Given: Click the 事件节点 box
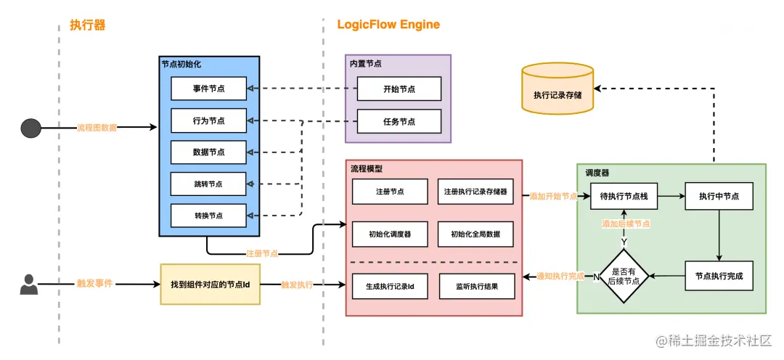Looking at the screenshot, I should (208, 89).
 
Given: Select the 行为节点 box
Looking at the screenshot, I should (208, 120).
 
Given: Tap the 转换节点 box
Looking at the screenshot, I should (208, 216).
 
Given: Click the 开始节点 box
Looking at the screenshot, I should (399, 89).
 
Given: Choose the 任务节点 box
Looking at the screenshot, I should (399, 121).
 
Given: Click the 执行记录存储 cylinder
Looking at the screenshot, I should (558, 92).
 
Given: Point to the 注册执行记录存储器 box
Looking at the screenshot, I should (475, 192).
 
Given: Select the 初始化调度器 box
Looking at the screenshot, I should (390, 234).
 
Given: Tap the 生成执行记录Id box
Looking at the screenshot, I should (390, 286).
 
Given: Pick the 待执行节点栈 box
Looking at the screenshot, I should (623, 196).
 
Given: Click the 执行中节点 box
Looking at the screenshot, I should (719, 196).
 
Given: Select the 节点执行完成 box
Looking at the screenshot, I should (719, 276).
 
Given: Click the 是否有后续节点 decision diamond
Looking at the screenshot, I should (623, 276).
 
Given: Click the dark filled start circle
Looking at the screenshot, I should (30, 128).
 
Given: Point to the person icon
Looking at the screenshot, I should (28, 284).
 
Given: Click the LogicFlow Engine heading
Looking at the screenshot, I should (388, 25).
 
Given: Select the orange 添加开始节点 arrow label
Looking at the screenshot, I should (553, 197).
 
